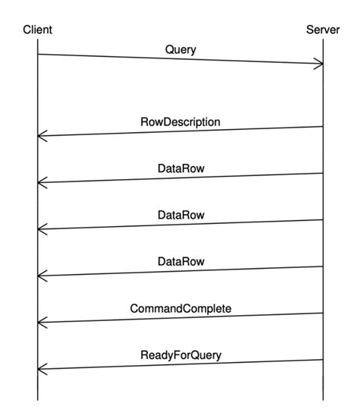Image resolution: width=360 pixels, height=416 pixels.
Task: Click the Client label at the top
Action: [37, 30]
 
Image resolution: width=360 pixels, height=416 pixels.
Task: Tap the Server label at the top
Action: [323, 30]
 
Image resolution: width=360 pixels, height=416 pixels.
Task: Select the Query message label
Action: [180, 49]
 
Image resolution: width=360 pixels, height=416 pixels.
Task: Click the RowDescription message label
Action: [180, 121]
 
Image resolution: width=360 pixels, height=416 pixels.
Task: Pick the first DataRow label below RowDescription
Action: [181, 168]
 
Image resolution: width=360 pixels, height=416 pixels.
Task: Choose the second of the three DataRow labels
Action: [181, 215]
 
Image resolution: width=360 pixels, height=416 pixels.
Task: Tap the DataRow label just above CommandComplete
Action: [181, 262]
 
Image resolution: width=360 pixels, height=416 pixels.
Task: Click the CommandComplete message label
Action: [181, 308]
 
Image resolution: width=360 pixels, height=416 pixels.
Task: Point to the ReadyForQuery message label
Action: [181, 355]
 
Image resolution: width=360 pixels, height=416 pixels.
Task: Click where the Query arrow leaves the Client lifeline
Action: [37, 54]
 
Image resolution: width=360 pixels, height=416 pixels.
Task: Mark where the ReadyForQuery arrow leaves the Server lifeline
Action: [324, 360]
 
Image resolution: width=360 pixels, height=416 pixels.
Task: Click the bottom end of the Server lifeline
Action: [324, 399]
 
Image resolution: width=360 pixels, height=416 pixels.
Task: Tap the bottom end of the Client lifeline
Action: [37, 399]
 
